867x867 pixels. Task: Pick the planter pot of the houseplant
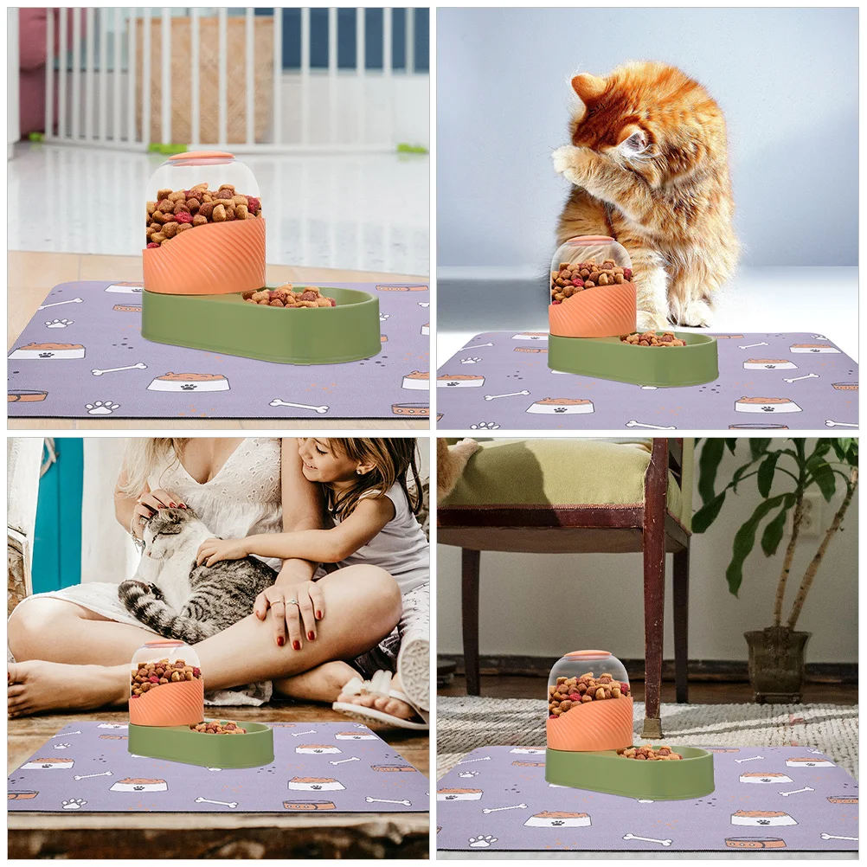[x=776, y=665]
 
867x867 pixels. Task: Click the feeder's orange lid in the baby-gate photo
[x=201, y=158]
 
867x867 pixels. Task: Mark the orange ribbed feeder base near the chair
[x=589, y=722]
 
